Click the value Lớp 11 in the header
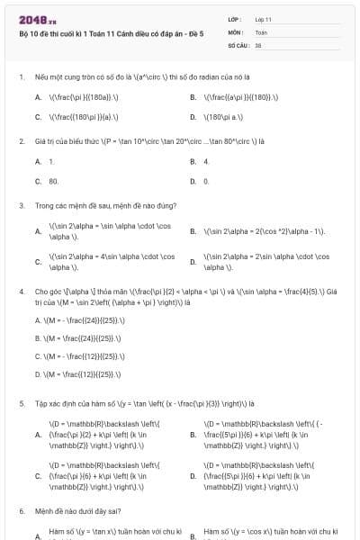264,18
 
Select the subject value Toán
261,31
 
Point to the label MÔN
235,31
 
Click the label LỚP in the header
234,18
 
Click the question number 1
21,77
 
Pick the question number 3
21,205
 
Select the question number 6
21,510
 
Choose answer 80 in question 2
53,181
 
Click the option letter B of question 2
193,161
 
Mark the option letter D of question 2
193,181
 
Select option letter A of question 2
38,161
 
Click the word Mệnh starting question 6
45,510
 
